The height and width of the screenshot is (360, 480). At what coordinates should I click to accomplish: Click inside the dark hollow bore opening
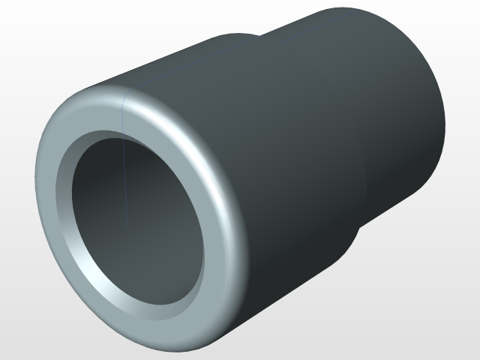(135, 217)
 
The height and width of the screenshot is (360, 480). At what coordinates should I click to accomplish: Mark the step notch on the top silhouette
(259, 34)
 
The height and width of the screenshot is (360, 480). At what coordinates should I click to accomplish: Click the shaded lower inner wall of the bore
(142, 285)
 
